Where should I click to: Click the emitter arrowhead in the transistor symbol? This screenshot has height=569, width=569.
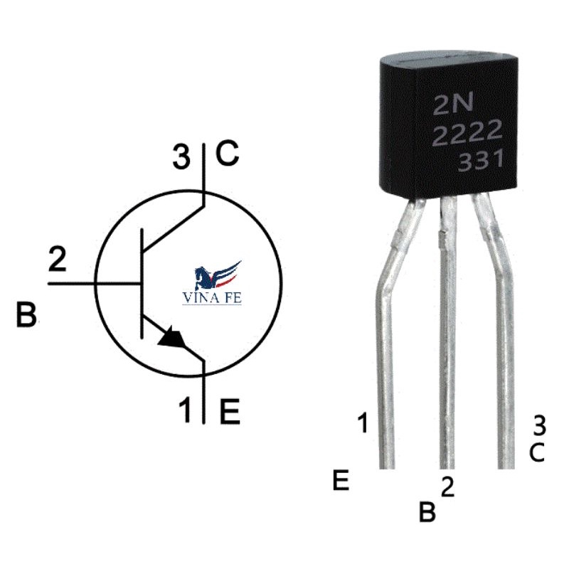[x=174, y=338]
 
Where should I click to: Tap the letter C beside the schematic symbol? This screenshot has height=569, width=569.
[x=227, y=154]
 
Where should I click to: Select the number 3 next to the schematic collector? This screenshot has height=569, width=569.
[x=183, y=156]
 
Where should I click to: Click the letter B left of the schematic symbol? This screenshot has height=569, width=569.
[x=26, y=315]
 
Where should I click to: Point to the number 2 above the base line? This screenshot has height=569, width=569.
[x=57, y=260]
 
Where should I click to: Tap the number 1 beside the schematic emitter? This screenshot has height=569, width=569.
[x=185, y=411]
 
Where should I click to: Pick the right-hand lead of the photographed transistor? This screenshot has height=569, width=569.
[x=504, y=341]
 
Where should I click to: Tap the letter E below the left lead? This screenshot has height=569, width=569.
[x=341, y=482]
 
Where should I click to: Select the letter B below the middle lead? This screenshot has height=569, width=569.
[x=427, y=512]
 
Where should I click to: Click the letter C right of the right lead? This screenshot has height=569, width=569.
[x=538, y=452]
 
